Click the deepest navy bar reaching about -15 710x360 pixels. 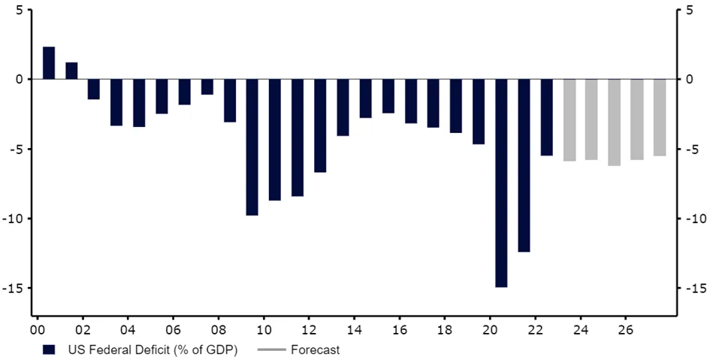(501, 183)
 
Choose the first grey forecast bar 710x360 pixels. (569, 119)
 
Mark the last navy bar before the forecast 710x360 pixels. (546, 117)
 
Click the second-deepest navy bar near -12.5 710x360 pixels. (524, 165)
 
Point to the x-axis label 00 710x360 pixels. (37, 329)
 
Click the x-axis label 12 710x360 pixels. (309, 329)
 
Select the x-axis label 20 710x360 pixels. (490, 329)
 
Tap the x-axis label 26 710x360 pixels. (625, 329)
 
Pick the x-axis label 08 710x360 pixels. (218, 329)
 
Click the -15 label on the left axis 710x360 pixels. (15, 289)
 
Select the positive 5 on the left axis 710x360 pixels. (19, 10)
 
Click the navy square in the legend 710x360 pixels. (49, 349)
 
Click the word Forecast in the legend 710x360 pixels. (316, 349)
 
